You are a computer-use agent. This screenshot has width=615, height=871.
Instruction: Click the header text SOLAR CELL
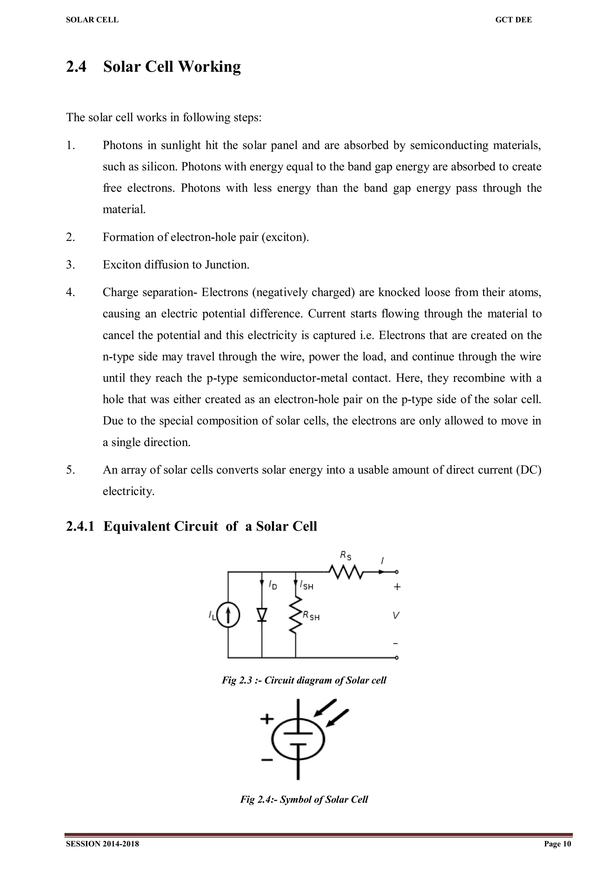click(x=92, y=20)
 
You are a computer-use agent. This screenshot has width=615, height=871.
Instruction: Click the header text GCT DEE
click(x=514, y=20)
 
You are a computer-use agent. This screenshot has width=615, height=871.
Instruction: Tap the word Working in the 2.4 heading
click(x=209, y=67)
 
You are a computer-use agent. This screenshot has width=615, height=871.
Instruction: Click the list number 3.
click(x=71, y=265)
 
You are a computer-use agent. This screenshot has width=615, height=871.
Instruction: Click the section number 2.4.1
click(x=80, y=526)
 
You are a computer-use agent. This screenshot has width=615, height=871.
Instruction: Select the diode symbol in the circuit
click(x=262, y=615)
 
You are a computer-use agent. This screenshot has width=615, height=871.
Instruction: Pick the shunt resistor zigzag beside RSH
click(x=295, y=615)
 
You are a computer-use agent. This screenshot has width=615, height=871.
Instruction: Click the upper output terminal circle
click(x=397, y=572)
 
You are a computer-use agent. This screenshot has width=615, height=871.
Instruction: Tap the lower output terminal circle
click(x=397, y=658)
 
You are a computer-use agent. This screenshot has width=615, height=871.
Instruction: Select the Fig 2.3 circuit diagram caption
click(x=304, y=680)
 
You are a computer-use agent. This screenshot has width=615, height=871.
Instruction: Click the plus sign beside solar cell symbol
click(x=267, y=718)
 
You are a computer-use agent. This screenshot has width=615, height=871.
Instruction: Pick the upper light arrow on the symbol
click(x=325, y=708)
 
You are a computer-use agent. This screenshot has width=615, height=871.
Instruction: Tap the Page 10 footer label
click(x=557, y=844)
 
